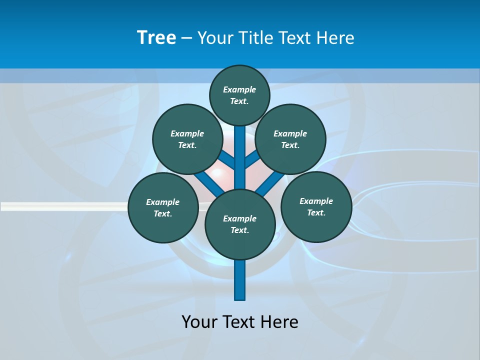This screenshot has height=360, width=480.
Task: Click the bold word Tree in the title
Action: [x=156, y=37]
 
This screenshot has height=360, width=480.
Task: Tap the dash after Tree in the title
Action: [x=187, y=38]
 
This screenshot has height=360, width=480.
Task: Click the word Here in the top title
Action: [x=335, y=38]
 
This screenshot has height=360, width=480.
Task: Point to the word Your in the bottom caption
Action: [x=200, y=321]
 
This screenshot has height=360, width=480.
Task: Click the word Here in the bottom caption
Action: [x=279, y=321]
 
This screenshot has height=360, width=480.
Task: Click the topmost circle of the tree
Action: [x=240, y=95]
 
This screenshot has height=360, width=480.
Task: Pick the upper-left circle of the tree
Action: [x=187, y=139]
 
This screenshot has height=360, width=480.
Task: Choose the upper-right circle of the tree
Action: [x=290, y=139]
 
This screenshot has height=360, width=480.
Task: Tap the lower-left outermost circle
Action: [x=163, y=207]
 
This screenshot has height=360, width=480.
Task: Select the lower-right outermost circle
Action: [x=316, y=206]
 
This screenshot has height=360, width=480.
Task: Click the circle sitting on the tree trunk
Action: [x=240, y=224]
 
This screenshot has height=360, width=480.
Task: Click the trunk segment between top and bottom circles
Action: [x=240, y=157]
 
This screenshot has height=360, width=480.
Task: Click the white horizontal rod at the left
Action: [x=60, y=206]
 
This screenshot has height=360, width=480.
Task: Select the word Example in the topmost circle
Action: [x=239, y=89]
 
